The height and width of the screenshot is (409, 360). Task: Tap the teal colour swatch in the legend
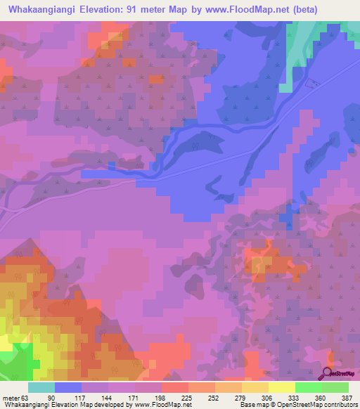click(41, 387)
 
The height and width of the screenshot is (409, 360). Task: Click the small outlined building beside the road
click(312, 84)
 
